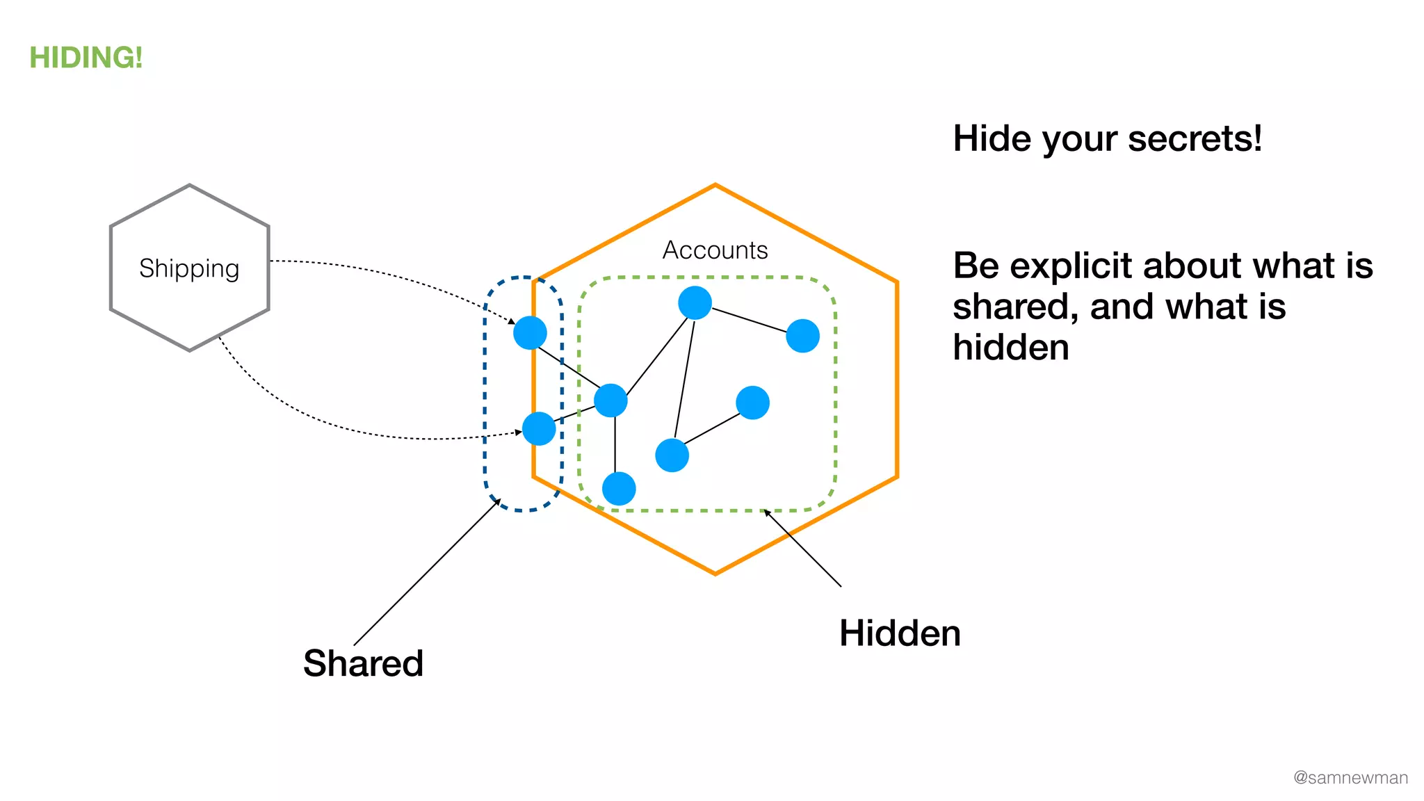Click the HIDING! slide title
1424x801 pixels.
(86, 58)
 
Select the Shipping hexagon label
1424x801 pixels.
(189, 268)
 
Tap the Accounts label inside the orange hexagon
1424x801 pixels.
(715, 250)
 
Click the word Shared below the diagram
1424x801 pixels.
(363, 663)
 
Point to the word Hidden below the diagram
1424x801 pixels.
(900, 633)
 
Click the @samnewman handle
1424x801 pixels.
(1350, 777)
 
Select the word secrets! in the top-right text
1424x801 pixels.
(1195, 138)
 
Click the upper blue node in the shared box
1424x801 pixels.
(530, 332)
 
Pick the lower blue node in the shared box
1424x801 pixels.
(539, 428)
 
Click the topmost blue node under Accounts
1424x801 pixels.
(695, 303)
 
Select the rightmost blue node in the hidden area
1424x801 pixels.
(802, 336)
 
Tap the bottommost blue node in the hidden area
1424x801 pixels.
(619, 488)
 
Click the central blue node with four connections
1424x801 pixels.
(610, 400)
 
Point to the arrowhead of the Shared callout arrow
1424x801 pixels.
(498, 501)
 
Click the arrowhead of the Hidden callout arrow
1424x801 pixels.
(766, 512)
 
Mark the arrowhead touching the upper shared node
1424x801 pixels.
(512, 322)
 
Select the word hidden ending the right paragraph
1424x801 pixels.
(1010, 348)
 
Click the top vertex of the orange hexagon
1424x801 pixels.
(715, 185)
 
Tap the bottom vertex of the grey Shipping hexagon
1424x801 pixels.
(190, 350)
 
